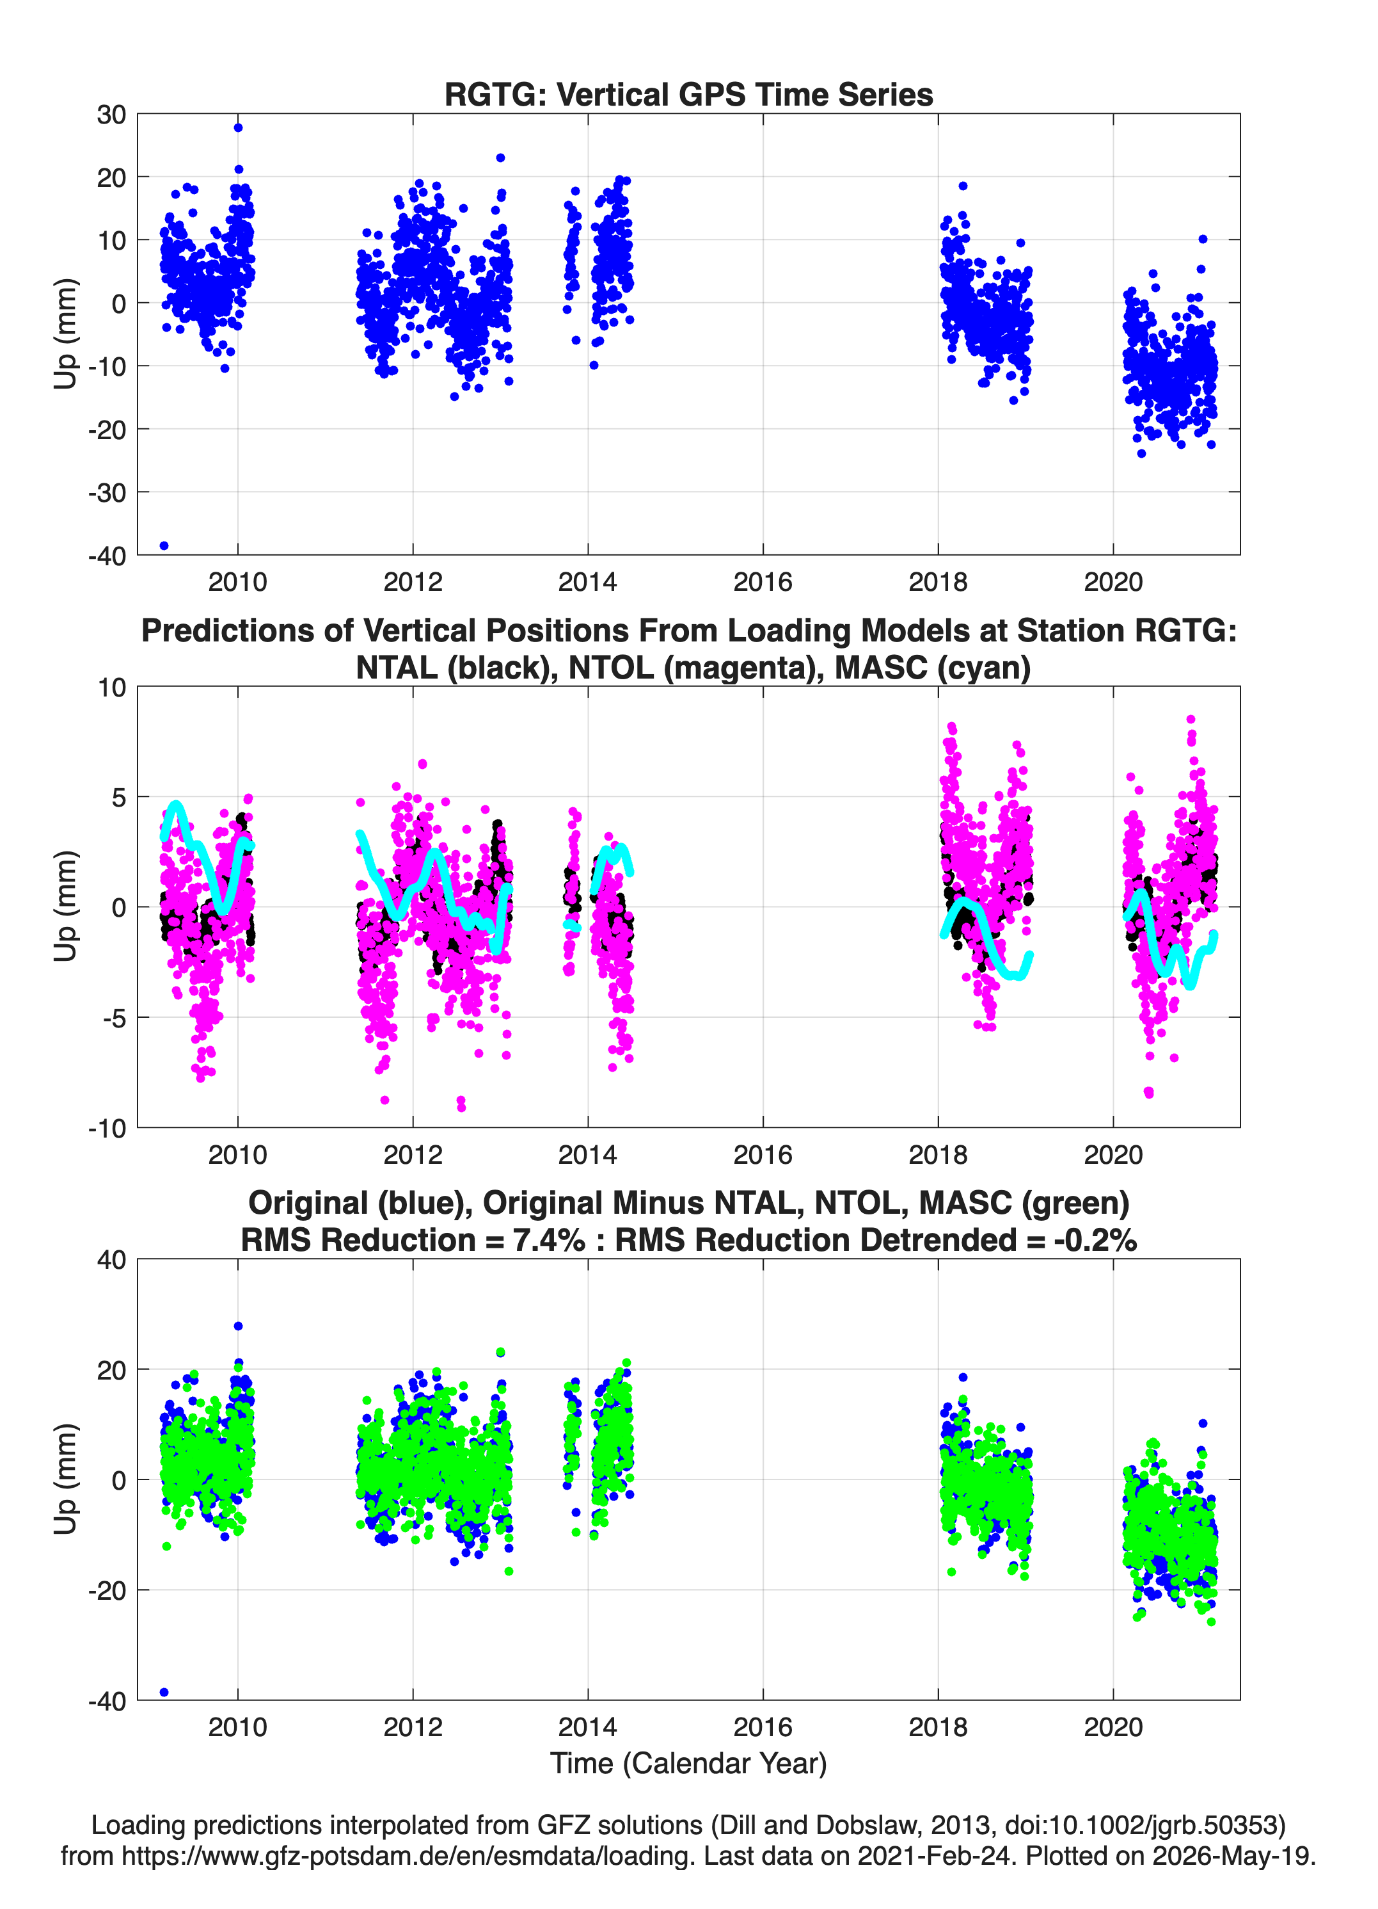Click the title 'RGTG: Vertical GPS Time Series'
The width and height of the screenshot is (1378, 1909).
click(x=688, y=94)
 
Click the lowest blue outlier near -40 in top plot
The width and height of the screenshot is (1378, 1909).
click(x=164, y=545)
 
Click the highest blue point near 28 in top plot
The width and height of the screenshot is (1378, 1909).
click(x=238, y=128)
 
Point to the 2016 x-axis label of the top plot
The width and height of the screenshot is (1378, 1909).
click(x=762, y=582)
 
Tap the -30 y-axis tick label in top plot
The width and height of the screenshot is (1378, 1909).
click(x=107, y=492)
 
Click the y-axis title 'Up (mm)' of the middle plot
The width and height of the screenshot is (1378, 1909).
click(x=66, y=906)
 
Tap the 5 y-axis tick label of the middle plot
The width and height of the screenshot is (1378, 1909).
click(x=118, y=797)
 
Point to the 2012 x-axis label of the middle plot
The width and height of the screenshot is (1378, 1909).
click(x=412, y=1154)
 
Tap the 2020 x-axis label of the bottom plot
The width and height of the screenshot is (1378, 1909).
click(x=1113, y=1727)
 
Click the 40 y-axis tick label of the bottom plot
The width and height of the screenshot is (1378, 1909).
click(x=111, y=1260)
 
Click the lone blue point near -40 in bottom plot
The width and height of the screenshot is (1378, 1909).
click(x=164, y=1692)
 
